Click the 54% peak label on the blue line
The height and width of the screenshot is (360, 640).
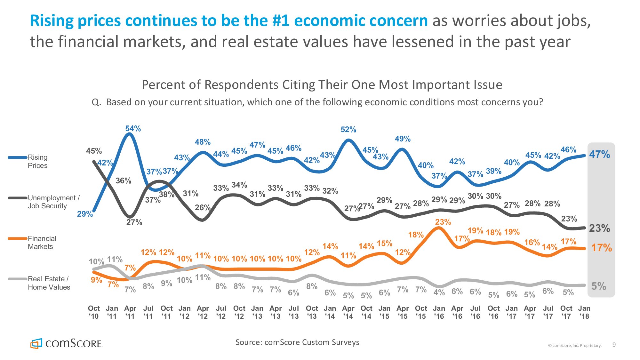pyautogui.click(x=133, y=129)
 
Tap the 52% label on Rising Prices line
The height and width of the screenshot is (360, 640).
pyautogui.click(x=348, y=130)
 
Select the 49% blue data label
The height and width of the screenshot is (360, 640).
pyautogui.click(x=403, y=139)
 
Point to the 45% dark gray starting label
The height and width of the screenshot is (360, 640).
pyautogui.click(x=94, y=151)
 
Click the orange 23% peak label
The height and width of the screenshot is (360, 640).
pyautogui.click(x=443, y=222)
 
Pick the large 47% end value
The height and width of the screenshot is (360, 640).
pyautogui.click(x=599, y=155)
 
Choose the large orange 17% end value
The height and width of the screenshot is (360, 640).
pyautogui.click(x=601, y=248)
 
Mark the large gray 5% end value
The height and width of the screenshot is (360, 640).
pyautogui.click(x=598, y=286)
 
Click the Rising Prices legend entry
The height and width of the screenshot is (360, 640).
pyautogui.click(x=37, y=161)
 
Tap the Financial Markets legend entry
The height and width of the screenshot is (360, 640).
pyautogui.click(x=42, y=243)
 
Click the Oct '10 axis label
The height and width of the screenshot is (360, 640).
pyautogui.click(x=94, y=312)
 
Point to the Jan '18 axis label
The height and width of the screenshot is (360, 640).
pyautogui.click(x=584, y=312)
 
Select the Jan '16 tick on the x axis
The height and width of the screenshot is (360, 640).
pyautogui.click(x=439, y=312)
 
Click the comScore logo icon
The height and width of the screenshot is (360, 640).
pyautogui.click(x=36, y=344)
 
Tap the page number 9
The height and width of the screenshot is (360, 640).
pyautogui.click(x=614, y=345)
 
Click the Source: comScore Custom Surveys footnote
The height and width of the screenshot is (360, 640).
pyautogui.click(x=297, y=342)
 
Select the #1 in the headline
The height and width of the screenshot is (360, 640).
pyautogui.click(x=281, y=21)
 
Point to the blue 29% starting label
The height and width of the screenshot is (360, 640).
pyautogui.click(x=85, y=214)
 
